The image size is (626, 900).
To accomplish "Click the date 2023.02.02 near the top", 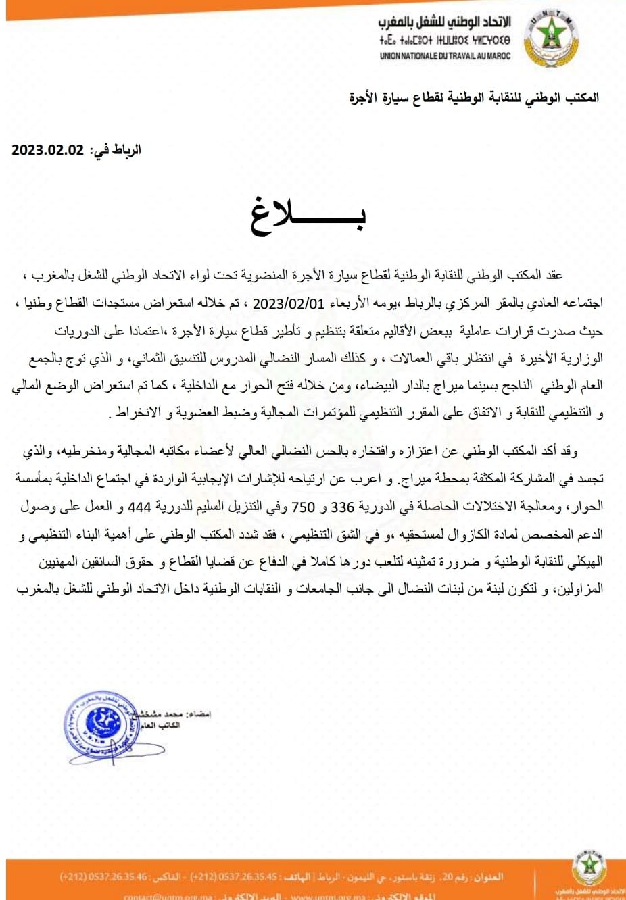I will tap(47, 150).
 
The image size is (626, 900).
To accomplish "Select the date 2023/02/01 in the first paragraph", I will tap(289, 303).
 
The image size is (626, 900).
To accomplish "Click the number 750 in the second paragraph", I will tap(304, 507).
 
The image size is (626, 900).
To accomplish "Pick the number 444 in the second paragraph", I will tap(139, 507).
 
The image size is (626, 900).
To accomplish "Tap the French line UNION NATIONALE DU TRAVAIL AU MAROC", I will tap(445, 56).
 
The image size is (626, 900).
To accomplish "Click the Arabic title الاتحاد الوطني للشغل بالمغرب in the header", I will tap(444, 22).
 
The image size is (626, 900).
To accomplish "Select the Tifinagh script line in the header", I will tap(445, 41).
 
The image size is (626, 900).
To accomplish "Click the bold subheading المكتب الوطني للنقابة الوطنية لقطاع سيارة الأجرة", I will tap(474, 98).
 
